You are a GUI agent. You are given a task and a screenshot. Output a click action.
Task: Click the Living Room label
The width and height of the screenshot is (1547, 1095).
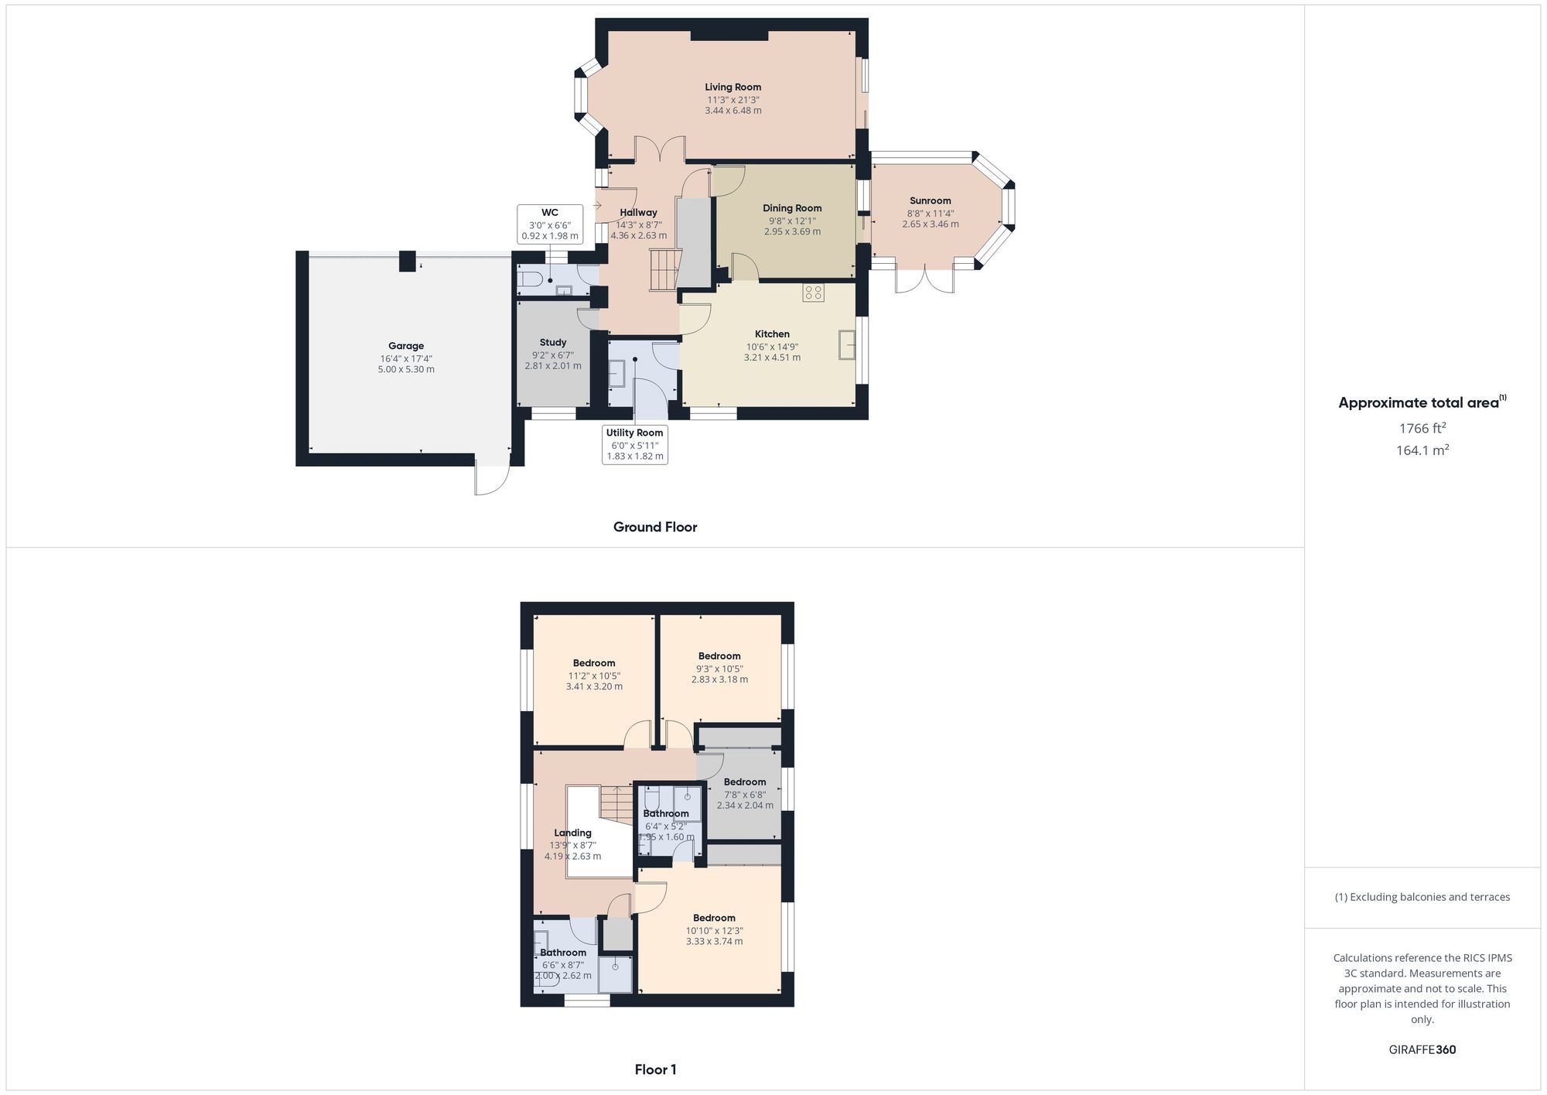[x=733, y=87]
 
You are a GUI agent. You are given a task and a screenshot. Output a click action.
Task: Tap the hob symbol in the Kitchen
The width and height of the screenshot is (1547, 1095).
[x=813, y=293]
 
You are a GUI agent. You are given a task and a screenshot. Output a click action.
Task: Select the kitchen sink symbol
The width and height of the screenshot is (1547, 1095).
[x=847, y=344]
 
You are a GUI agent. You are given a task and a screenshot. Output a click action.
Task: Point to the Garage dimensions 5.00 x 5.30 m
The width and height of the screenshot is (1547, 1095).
[x=406, y=370]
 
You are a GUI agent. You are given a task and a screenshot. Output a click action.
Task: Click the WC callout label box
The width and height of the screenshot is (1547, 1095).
[x=549, y=224]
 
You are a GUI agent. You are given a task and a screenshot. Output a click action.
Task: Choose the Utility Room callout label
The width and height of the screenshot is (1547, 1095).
[x=634, y=444]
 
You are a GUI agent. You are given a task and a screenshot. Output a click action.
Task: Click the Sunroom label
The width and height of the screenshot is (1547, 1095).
[x=930, y=201]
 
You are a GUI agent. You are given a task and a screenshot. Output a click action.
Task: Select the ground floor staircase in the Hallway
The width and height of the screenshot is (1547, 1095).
[x=663, y=269]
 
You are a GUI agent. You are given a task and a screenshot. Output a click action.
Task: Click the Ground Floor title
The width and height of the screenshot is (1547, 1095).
[x=655, y=527]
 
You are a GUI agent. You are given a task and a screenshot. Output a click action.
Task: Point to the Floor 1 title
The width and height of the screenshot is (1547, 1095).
[x=655, y=1069]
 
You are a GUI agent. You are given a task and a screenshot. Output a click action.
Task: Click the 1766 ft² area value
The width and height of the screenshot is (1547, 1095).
[x=1422, y=428]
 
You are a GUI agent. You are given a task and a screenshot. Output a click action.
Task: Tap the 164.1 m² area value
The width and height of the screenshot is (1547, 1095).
[x=1422, y=450]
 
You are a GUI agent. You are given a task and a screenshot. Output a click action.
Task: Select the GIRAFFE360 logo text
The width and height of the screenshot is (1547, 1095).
[x=1422, y=1050]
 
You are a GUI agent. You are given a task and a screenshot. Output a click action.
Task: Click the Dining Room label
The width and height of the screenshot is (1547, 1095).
[x=791, y=208]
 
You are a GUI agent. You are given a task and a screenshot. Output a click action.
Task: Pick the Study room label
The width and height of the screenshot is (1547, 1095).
[x=553, y=343]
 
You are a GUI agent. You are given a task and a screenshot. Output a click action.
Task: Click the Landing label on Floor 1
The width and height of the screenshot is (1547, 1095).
[x=572, y=833]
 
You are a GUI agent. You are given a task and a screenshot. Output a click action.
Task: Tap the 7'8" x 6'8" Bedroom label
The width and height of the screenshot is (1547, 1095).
[x=744, y=782]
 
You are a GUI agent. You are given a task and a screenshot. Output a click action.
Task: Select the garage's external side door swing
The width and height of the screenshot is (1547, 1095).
[x=492, y=480]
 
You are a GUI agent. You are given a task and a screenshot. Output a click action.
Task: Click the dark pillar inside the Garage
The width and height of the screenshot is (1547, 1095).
[x=407, y=262]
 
